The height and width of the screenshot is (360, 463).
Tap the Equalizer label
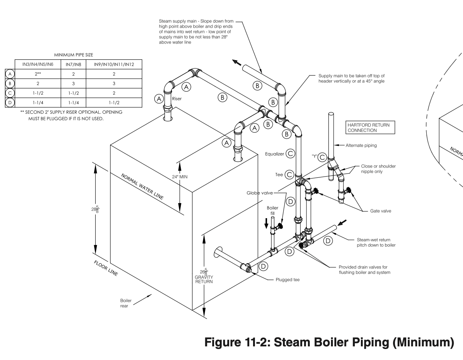pyautogui.click(x=275, y=154)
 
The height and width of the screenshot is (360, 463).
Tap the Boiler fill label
pyautogui.click(x=272, y=210)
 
